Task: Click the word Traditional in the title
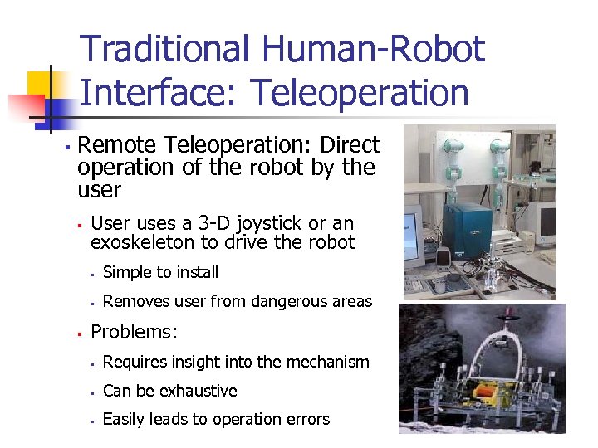pos(164,50)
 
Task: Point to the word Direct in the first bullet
pos(349,146)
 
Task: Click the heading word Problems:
pos(134,332)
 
